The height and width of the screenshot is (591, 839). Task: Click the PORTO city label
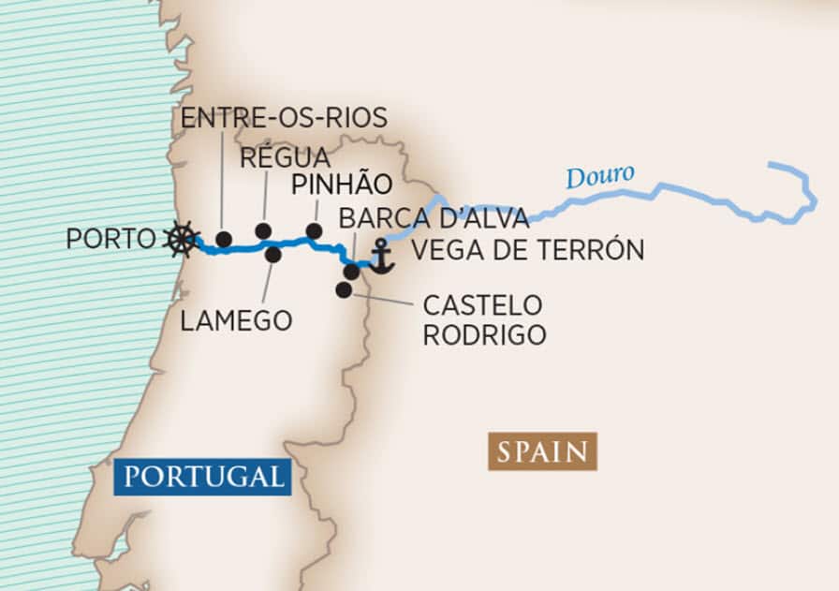pyautogui.click(x=110, y=239)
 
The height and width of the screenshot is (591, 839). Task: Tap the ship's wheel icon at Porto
pyautogui.click(x=181, y=239)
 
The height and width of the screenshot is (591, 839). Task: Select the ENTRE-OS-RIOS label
pyautogui.click(x=283, y=119)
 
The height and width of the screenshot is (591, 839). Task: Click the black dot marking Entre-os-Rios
pyautogui.click(x=223, y=240)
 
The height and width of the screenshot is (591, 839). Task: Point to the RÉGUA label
pyautogui.click(x=285, y=157)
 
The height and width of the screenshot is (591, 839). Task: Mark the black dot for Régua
pyautogui.click(x=263, y=230)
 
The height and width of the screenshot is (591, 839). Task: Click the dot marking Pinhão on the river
pyautogui.click(x=314, y=230)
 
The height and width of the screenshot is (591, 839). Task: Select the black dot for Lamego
pyautogui.click(x=273, y=254)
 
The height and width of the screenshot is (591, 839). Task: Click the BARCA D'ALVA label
pyautogui.click(x=434, y=217)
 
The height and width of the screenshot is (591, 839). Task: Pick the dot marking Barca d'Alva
pyautogui.click(x=351, y=272)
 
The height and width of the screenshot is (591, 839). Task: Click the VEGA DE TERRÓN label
pyautogui.click(x=527, y=250)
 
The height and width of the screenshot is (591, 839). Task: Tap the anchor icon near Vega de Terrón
pyautogui.click(x=381, y=257)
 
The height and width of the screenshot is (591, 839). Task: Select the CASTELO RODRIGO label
pyautogui.click(x=484, y=319)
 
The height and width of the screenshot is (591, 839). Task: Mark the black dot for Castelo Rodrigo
pyautogui.click(x=344, y=290)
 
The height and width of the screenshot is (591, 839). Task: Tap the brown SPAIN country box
pyautogui.click(x=542, y=451)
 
